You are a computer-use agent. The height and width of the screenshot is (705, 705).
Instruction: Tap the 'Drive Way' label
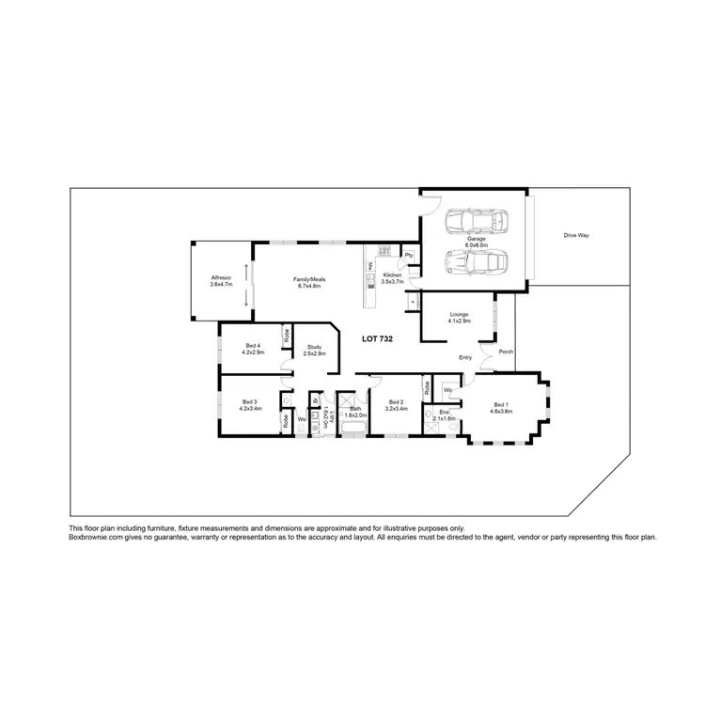point(575,235)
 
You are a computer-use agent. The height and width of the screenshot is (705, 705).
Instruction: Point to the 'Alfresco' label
point(221,279)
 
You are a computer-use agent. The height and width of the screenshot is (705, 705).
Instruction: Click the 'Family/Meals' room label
point(310,280)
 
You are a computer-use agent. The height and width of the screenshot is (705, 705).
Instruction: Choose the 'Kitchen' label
point(392,275)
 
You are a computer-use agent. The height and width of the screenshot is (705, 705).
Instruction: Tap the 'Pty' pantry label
point(409,255)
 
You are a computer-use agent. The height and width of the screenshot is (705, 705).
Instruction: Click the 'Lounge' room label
point(460,315)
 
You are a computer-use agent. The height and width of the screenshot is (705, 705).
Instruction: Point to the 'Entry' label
point(465,357)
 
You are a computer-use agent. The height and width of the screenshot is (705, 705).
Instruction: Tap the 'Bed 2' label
point(396,404)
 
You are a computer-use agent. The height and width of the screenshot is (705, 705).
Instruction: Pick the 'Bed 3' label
point(249,402)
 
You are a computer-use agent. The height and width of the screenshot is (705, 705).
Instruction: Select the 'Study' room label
point(314,347)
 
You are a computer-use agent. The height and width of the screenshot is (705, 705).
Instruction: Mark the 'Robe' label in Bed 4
point(285,333)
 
